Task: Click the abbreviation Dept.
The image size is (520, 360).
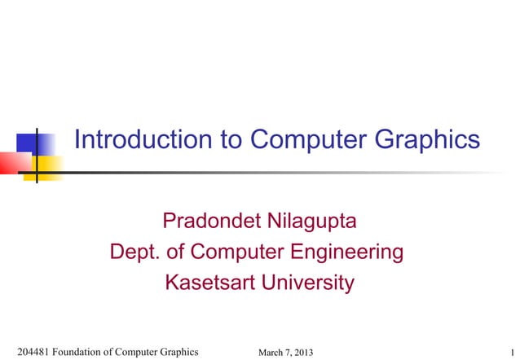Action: click(134, 252)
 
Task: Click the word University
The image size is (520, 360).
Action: click(305, 283)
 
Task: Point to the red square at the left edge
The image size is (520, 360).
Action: click(9, 161)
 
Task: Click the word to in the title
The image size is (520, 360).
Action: click(232, 140)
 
